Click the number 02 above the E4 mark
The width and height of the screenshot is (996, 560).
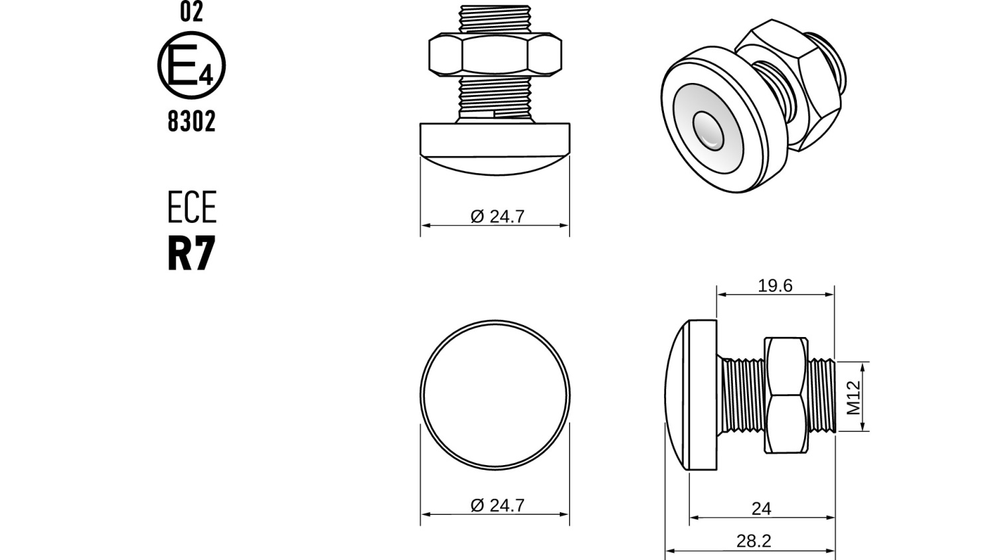coord(191,12)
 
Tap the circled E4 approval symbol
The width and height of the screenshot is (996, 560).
coord(191,66)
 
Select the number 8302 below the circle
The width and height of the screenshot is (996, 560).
coord(191,121)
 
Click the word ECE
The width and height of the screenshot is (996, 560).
coord(191,208)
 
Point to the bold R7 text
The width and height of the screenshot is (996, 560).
coord(191,253)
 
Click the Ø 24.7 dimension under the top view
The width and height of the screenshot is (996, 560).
coord(497,216)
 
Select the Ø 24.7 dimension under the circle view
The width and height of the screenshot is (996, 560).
coord(497,505)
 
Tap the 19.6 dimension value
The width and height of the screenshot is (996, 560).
coord(775,285)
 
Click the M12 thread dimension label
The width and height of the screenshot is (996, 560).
coord(854,397)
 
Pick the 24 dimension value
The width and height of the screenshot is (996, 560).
coord(761,508)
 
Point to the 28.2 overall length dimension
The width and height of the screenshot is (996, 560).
coord(754,541)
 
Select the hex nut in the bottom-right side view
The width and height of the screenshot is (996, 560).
coord(786,395)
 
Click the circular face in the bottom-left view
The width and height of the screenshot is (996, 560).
coord(495,395)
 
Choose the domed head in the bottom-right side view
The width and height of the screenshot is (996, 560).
coord(691,395)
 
